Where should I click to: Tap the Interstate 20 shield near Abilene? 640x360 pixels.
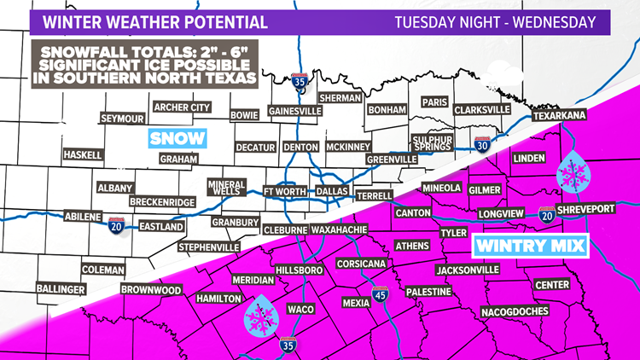pyautogui.click(x=118, y=224)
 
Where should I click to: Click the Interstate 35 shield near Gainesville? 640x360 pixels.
pyautogui.click(x=299, y=82)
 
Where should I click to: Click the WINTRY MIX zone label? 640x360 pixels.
pyautogui.click(x=530, y=247)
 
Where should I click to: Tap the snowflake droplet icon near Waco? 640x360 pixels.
pyautogui.click(x=257, y=317)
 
